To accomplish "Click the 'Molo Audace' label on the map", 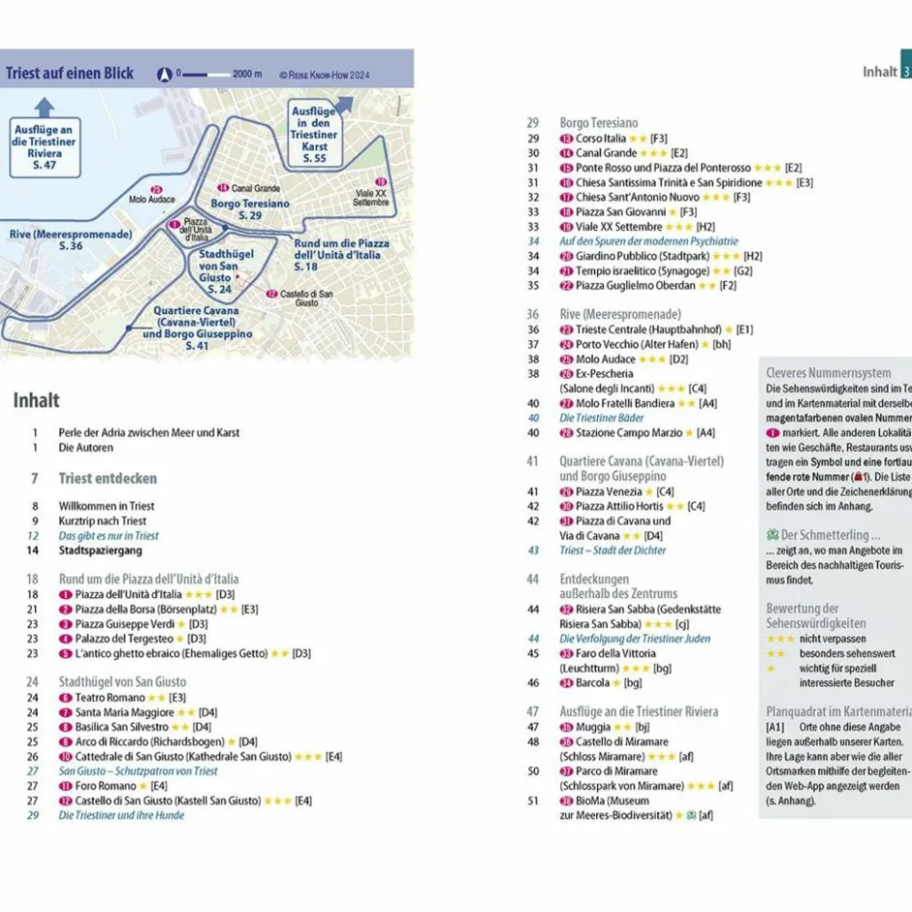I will click(152, 199).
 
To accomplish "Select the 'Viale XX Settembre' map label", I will click(371, 196).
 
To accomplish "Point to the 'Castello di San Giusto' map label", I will click(299, 298).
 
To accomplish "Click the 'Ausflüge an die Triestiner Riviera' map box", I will click(44, 147).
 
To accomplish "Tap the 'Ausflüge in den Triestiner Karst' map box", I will click(314, 134).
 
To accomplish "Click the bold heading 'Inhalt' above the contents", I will click(36, 400).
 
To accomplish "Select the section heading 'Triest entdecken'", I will click(107, 478).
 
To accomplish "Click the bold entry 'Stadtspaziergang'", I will click(100, 551).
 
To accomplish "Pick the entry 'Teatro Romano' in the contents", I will click(109, 698).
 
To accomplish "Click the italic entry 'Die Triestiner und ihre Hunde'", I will click(121, 815).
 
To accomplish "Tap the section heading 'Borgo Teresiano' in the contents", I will click(599, 123).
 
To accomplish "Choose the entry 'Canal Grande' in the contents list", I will click(606, 153).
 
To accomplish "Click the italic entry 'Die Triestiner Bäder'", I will click(601, 418).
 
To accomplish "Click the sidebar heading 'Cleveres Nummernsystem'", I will click(828, 373).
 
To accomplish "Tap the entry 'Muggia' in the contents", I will click(592, 727).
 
